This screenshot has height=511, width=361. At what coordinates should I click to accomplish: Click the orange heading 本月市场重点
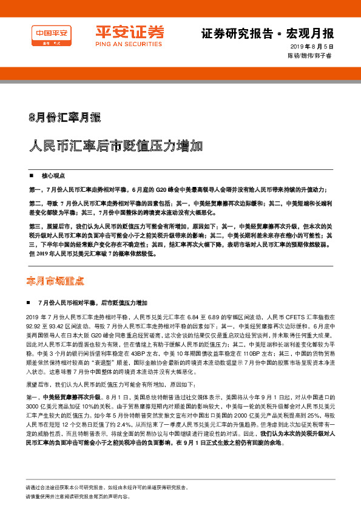tap(55, 281)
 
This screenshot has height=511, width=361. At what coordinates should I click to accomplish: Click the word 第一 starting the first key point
tap(35, 189)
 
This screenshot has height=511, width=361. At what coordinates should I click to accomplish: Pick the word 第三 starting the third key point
tap(35, 225)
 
